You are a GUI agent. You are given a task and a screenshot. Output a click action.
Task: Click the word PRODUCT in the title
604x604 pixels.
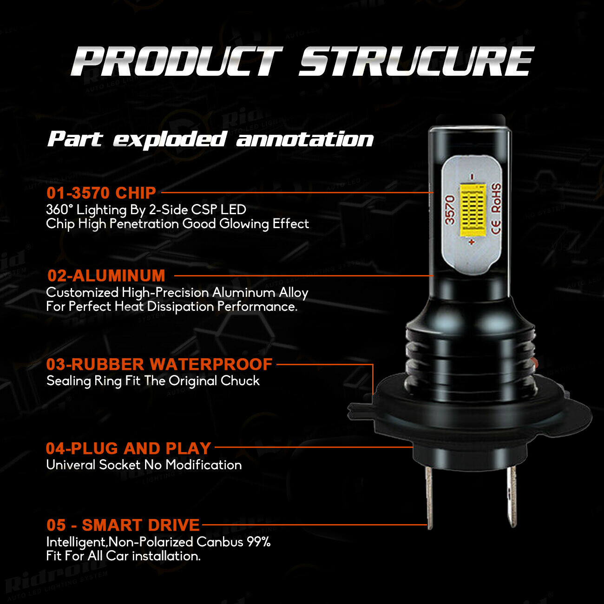coord(177,61)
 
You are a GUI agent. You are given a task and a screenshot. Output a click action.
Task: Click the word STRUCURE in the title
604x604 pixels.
coord(416,61)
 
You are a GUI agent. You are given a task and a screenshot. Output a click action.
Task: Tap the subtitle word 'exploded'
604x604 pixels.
coord(170,139)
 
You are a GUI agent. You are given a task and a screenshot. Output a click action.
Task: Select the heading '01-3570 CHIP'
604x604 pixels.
coord(101,193)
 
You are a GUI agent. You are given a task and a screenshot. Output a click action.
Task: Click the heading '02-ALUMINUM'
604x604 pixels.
coord(106,276)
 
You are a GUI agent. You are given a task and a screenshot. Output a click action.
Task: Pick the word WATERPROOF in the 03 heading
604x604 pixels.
coord(211,364)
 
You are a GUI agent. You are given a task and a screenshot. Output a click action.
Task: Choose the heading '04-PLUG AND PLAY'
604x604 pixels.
coord(128,448)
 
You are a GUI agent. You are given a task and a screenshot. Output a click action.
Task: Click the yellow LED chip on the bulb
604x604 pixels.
coord(473,211)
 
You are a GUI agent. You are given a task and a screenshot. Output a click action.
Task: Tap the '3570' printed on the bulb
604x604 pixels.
coord(450,210)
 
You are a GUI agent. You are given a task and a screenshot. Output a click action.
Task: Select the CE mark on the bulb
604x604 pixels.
coord(496,227)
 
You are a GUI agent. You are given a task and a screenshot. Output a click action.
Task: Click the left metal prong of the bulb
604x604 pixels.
coord(429,498)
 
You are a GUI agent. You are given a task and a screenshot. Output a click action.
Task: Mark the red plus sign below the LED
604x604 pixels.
coord(472,242)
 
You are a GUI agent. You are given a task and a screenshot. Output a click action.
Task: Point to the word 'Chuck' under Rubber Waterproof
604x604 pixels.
coord(240,381)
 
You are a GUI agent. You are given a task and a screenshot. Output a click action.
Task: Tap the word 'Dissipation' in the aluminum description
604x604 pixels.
coord(180,307)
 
